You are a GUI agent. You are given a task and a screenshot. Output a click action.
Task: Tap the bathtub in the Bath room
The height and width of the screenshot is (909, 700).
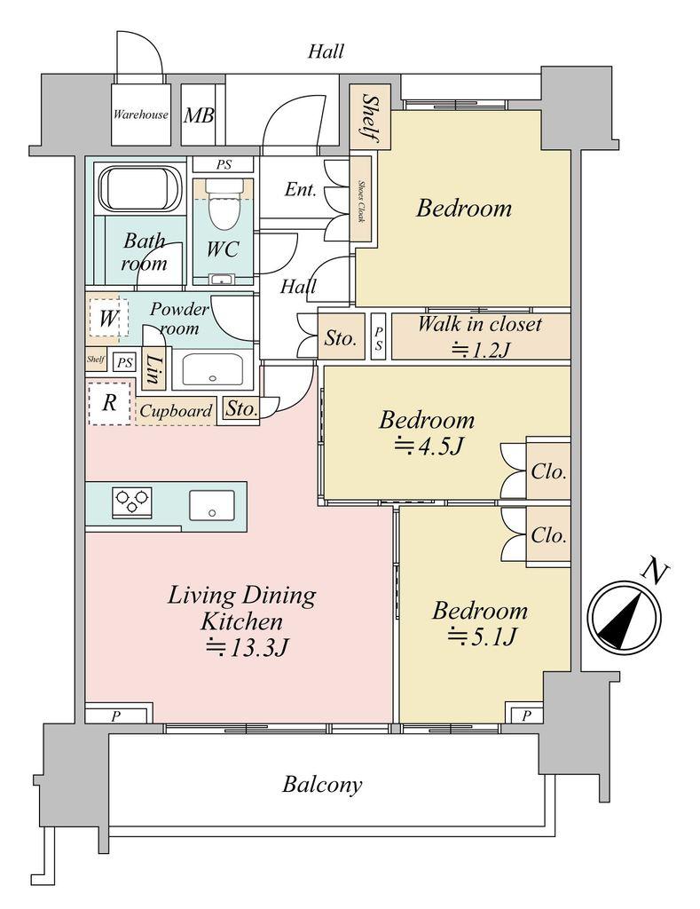click(140, 188)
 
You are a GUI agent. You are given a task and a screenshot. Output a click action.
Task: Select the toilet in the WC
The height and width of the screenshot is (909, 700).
click(224, 205)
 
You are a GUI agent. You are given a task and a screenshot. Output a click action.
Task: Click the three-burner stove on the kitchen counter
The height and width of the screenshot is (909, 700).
click(132, 502)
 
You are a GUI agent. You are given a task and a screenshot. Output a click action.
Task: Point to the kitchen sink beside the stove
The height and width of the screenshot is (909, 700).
click(212, 506)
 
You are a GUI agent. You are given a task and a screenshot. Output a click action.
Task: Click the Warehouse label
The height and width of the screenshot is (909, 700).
click(139, 115)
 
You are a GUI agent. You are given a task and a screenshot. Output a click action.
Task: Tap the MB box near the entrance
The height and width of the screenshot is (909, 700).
click(198, 115)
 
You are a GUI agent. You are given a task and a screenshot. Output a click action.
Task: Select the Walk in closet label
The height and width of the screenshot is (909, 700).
click(479, 324)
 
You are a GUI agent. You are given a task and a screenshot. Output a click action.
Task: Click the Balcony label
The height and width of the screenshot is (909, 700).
click(322, 785)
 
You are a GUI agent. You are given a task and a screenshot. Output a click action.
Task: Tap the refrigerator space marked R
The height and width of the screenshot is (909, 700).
click(109, 403)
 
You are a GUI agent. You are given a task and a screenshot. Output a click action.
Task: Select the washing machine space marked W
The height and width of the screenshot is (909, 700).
click(107, 317)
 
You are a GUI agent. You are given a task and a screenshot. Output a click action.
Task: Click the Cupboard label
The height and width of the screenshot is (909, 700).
click(176, 411)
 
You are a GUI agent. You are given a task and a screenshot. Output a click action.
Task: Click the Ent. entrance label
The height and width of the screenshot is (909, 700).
click(301, 189)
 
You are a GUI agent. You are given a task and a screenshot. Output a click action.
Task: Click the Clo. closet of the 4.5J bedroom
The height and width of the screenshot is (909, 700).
click(548, 471)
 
